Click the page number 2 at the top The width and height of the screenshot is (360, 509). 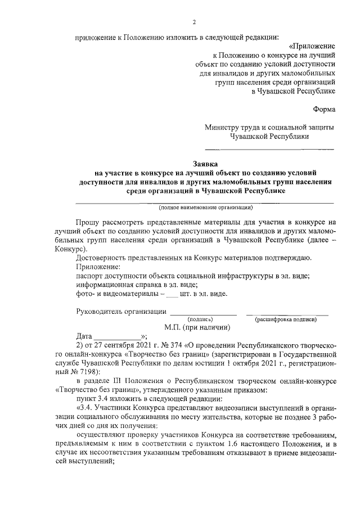click(193, 22)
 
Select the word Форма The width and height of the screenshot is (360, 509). click(324, 109)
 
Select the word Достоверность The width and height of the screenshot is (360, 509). click(102, 258)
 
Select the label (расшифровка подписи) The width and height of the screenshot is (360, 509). click(286, 318)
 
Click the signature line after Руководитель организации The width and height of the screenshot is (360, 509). click(203, 313)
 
